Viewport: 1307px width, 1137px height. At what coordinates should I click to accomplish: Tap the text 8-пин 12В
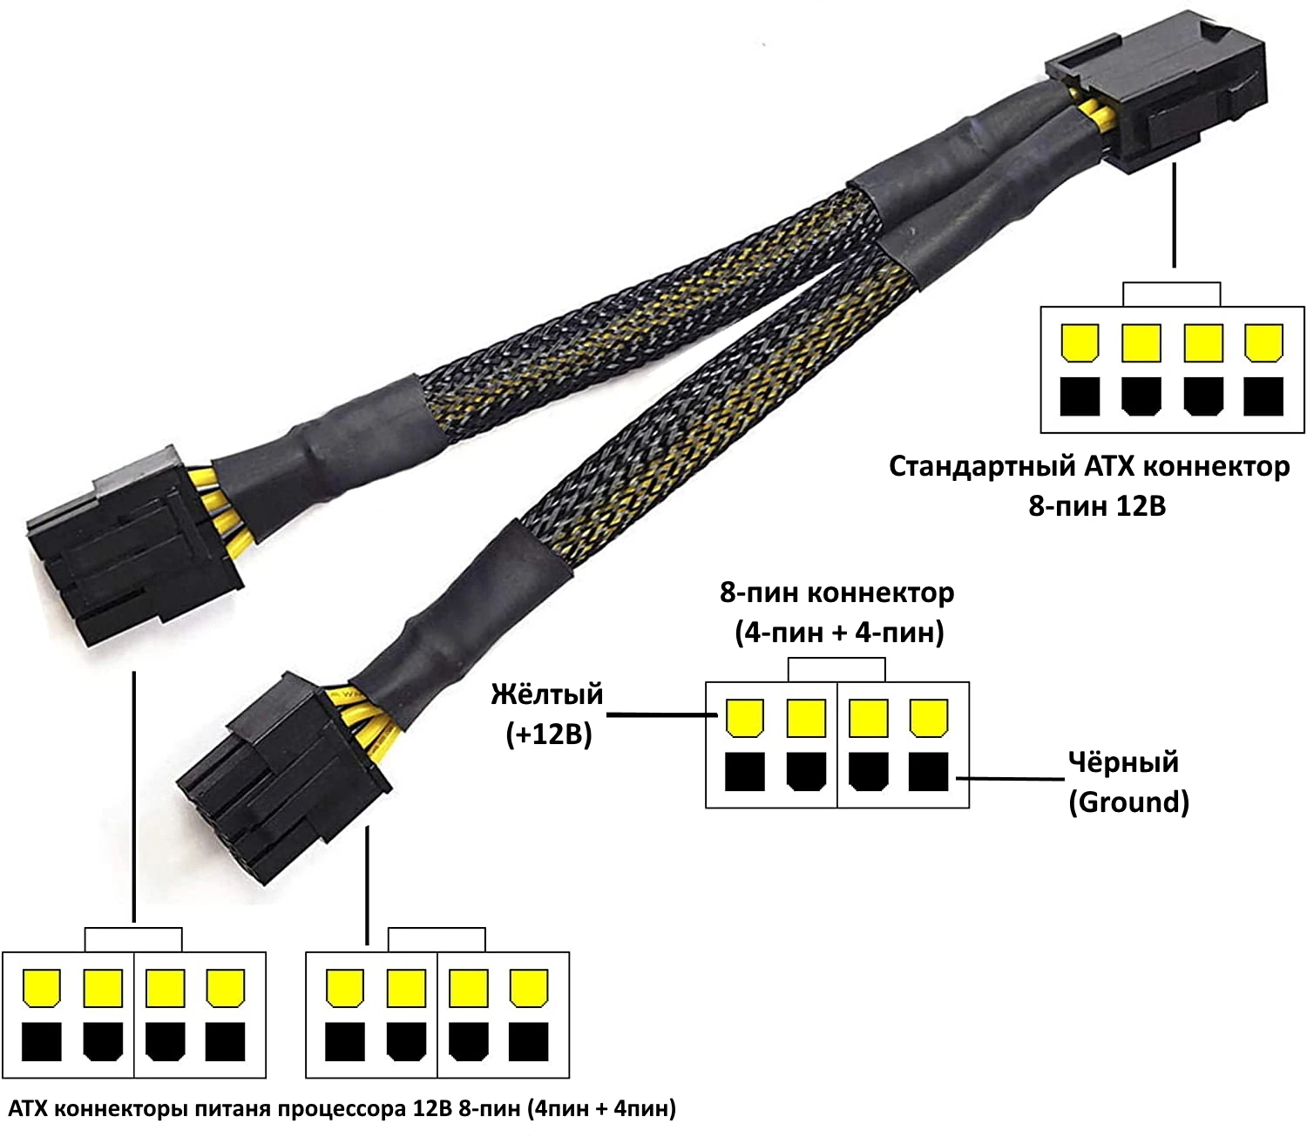pos(1096,505)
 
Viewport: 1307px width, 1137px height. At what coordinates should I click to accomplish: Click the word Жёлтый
pos(547,694)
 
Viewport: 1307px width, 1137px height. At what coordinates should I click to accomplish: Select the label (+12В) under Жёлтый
pos(549,734)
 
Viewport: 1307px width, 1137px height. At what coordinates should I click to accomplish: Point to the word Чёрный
pos(1123,762)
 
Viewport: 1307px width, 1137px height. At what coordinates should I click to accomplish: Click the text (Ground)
pos(1128,802)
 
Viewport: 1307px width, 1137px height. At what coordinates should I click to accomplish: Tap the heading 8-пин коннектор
pos(836,593)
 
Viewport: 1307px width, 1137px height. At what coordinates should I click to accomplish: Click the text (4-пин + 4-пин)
pos(839,633)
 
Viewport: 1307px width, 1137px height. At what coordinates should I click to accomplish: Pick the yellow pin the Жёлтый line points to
pos(744,717)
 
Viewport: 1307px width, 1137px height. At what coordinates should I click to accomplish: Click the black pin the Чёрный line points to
pos(928,772)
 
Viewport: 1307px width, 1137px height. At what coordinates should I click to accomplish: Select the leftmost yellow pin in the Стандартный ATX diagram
pos(1080,343)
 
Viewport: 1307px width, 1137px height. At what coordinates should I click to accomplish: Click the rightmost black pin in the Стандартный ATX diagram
pos(1263,396)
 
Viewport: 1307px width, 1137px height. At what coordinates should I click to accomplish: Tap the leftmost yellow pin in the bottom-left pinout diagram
pos(42,988)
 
